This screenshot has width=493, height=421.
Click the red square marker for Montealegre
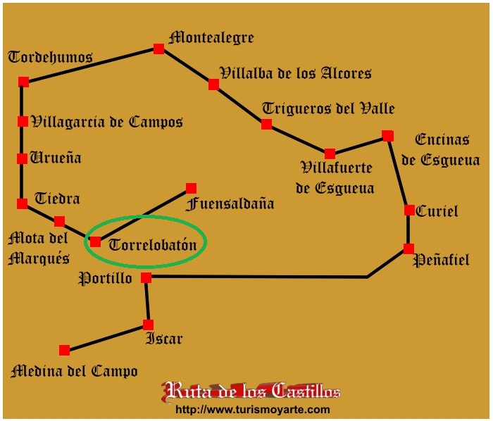(x=158, y=49)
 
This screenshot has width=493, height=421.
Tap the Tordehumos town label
(x=50, y=57)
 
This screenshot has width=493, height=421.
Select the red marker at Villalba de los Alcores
(x=214, y=84)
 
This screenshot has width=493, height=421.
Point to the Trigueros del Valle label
(x=328, y=108)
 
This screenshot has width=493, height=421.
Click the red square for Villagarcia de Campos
(x=23, y=121)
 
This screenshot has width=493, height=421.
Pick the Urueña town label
(x=56, y=158)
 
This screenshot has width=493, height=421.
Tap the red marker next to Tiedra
(x=23, y=203)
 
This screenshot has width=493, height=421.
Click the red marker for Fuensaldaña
(x=191, y=188)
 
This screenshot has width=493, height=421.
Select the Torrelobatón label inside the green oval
(x=153, y=244)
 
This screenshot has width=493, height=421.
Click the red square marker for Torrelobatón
(x=95, y=242)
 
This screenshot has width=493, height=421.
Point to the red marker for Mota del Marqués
(x=59, y=221)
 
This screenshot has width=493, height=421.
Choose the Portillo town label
(x=105, y=278)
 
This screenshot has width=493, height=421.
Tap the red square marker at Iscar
(x=148, y=325)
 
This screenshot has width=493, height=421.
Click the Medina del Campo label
(x=74, y=371)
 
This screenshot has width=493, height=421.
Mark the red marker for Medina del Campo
(x=65, y=350)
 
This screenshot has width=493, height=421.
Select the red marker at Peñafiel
(x=408, y=249)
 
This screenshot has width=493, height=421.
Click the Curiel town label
(x=437, y=211)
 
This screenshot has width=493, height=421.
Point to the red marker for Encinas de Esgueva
(x=388, y=136)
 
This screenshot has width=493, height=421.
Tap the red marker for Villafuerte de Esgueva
(x=330, y=153)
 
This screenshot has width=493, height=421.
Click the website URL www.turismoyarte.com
(x=252, y=410)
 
